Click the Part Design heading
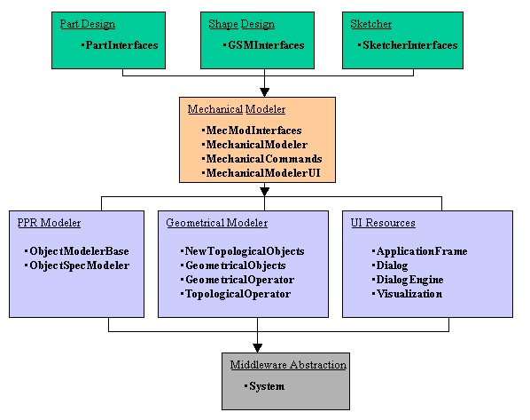point(88,24)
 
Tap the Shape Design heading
point(242,24)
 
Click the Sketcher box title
point(371,24)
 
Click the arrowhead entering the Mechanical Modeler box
point(265,92)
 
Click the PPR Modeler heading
point(49,223)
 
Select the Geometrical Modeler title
point(217,223)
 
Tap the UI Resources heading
point(383,223)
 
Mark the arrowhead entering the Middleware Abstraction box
point(258,348)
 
